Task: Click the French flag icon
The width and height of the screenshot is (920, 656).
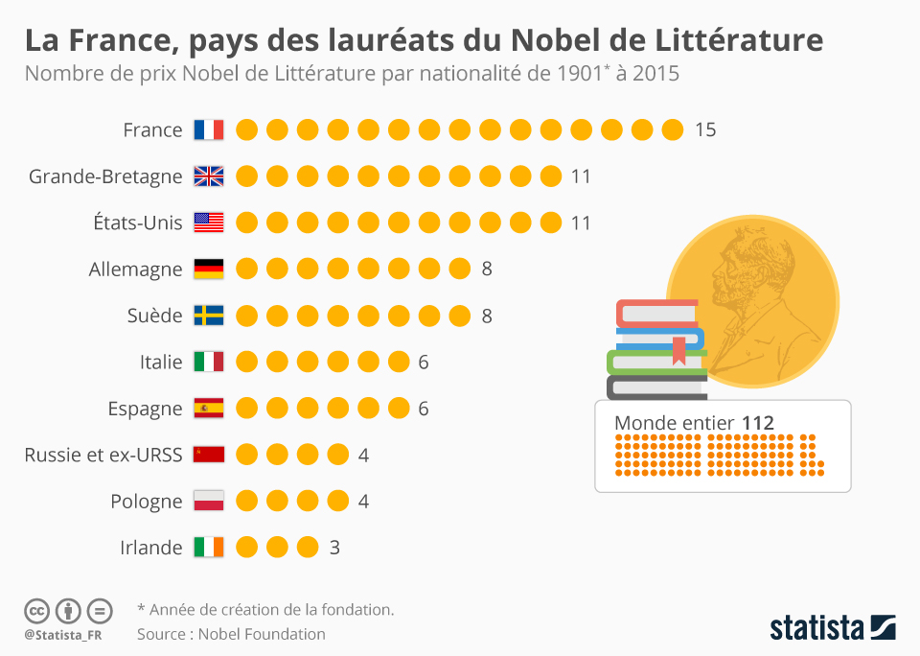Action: (x=208, y=129)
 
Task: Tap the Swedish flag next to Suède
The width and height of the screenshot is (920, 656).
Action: (x=208, y=316)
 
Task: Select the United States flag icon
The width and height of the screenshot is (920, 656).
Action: (x=208, y=223)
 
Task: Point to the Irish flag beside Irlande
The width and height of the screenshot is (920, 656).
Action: (x=208, y=548)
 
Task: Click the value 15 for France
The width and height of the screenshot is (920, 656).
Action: (x=705, y=129)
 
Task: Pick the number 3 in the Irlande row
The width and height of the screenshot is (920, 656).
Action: (x=334, y=548)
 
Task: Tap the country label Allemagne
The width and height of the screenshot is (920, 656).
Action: (x=135, y=269)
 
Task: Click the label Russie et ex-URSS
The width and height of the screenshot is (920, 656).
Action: (x=103, y=455)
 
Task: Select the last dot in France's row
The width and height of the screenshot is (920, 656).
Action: (x=673, y=129)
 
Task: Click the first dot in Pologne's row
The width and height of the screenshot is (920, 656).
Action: (x=247, y=502)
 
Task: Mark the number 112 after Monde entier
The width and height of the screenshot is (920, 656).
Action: (x=757, y=423)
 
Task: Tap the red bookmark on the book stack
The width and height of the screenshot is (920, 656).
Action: (x=678, y=350)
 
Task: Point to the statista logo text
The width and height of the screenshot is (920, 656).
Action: (x=816, y=628)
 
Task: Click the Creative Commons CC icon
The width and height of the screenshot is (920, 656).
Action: (x=36, y=610)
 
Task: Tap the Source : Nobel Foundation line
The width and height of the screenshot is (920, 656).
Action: (x=231, y=634)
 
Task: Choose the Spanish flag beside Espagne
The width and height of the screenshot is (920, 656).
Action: (x=208, y=409)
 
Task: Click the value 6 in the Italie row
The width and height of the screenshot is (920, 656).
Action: (x=423, y=362)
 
